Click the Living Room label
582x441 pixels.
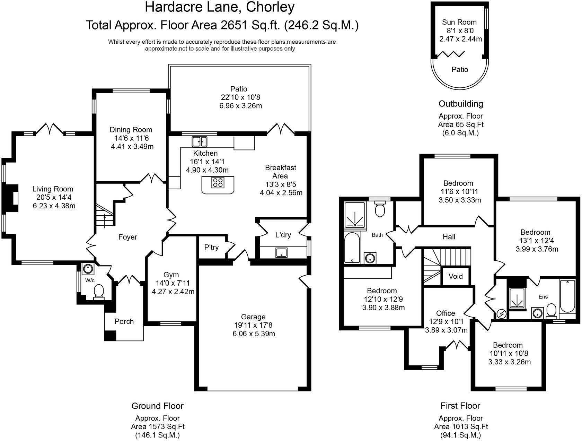pyautogui.click(x=53, y=189)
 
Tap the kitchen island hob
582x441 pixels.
pyautogui.click(x=218, y=182)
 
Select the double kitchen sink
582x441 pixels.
pyautogui.click(x=200, y=141)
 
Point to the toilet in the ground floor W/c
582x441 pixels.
pyautogui.click(x=99, y=291)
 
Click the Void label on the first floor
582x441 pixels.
pyautogui.click(x=456, y=276)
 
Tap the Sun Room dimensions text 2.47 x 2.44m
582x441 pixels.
pyautogui.click(x=460, y=39)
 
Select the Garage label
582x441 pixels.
pyautogui.click(x=254, y=317)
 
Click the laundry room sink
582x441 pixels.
pyautogui.click(x=282, y=253)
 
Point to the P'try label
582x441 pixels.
pyautogui.click(x=211, y=247)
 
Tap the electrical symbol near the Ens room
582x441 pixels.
pyautogui.click(x=501, y=314)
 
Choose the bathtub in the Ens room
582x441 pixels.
pyautogui.click(x=567, y=296)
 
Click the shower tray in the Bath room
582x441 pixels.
pyautogui.click(x=355, y=215)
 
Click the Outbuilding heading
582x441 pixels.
pyautogui.click(x=460, y=104)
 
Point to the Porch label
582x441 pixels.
pyautogui.click(x=124, y=321)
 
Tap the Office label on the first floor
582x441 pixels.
pyautogui.click(x=446, y=313)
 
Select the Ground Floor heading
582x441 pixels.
pyautogui.click(x=157, y=406)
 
